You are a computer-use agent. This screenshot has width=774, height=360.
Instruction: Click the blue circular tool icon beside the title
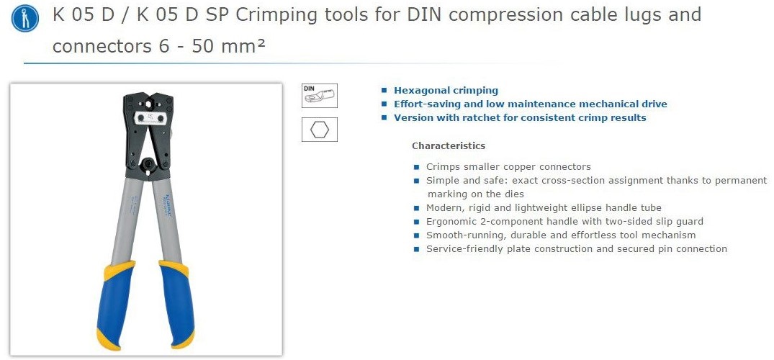coord(24,18)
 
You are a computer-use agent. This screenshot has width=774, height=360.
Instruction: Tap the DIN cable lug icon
coord(320,95)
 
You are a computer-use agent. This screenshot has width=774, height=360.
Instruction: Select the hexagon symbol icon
coord(320,130)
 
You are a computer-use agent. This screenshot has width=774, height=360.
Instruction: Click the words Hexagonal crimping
coord(446,91)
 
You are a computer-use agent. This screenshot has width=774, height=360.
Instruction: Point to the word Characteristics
coord(449,145)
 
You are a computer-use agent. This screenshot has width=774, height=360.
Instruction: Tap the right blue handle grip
coord(176,303)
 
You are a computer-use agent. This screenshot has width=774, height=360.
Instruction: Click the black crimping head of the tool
coord(148,135)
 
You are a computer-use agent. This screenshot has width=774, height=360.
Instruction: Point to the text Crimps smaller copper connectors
coord(508,166)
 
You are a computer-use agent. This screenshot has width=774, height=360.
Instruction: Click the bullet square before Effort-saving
coord(384,104)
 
